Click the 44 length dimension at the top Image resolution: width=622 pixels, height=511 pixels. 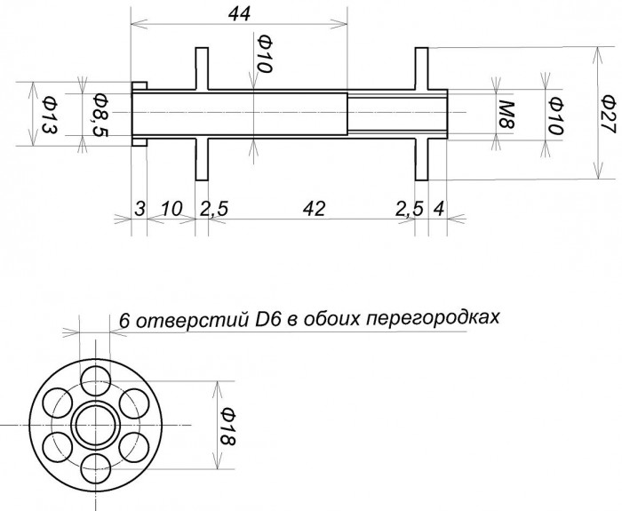point(238,13)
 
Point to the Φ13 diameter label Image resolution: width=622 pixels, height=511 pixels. point(49,113)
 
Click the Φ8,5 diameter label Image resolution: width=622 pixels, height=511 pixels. point(100,113)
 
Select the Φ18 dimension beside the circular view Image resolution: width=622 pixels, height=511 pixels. point(227,427)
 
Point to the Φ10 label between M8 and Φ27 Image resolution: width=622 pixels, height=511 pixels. point(554,113)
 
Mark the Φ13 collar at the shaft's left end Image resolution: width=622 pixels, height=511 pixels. point(139,113)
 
